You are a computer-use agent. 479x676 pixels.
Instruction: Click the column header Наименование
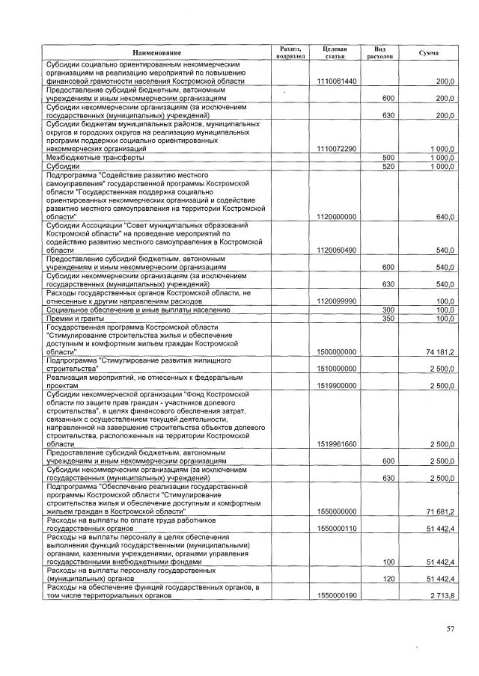click(157, 53)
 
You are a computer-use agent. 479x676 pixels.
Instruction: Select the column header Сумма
click(429, 53)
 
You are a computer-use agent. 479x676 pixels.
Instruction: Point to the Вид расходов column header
click(379, 52)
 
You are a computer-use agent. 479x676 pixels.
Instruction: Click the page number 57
click(450, 628)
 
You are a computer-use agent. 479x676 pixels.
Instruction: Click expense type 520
click(388, 166)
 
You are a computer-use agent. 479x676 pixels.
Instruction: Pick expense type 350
click(388, 318)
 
